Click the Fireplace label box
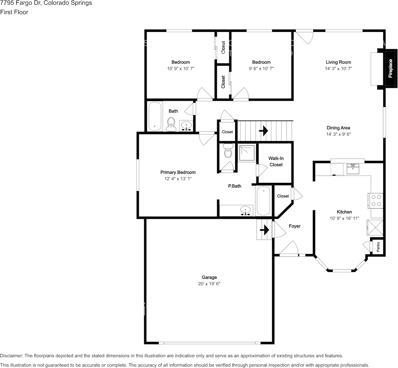[x=391, y=68]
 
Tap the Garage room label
[x=209, y=277]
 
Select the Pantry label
[x=378, y=247]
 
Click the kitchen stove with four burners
[x=376, y=200]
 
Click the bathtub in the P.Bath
[x=263, y=201]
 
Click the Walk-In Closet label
[x=276, y=161]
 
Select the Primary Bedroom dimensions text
[x=178, y=179]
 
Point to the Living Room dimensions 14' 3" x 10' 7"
[x=338, y=68]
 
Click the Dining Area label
[x=338, y=128]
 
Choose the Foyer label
[x=294, y=226]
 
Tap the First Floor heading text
[x=14, y=12]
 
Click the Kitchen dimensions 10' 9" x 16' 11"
[x=344, y=218]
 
